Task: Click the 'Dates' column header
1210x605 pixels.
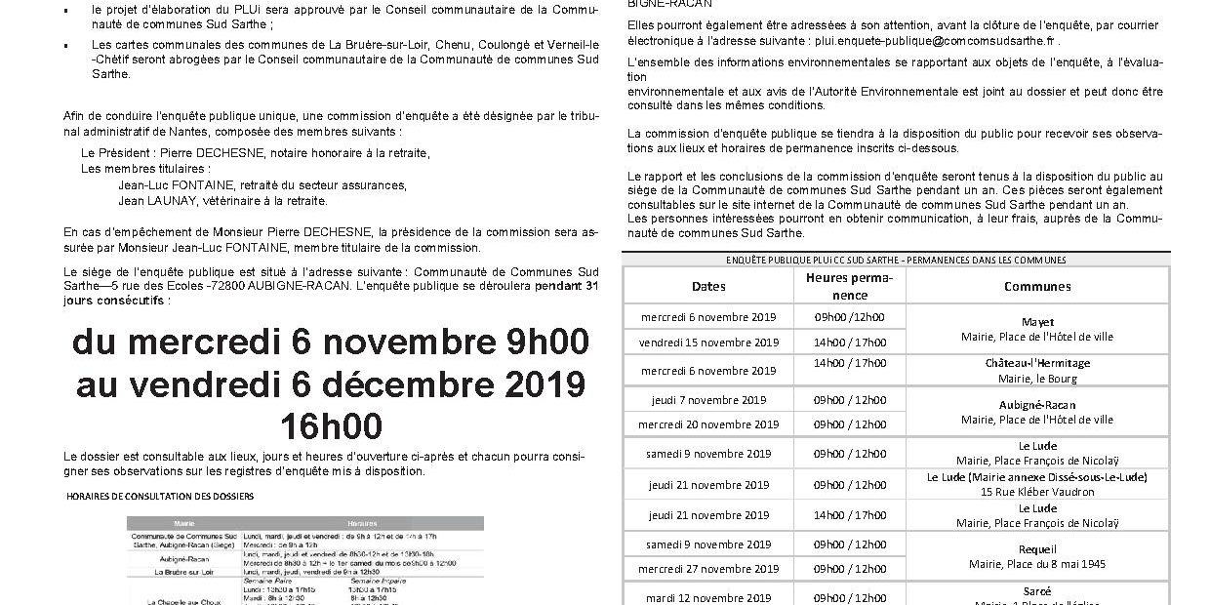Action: pyautogui.click(x=708, y=287)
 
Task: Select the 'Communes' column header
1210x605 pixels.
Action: pyautogui.click(x=1037, y=287)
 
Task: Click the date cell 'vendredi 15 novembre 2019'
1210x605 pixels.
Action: pyautogui.click(x=708, y=343)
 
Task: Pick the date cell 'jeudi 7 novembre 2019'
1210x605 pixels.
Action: pyautogui.click(x=708, y=400)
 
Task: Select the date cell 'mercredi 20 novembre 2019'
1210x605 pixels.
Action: pyautogui.click(x=708, y=424)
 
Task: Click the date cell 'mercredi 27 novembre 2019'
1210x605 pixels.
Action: pyautogui.click(x=708, y=569)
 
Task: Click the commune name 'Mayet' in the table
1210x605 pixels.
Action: pyautogui.click(x=1037, y=322)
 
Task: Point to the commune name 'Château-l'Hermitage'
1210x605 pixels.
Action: pyautogui.click(x=1037, y=363)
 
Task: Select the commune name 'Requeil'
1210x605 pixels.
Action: pyautogui.click(x=1037, y=549)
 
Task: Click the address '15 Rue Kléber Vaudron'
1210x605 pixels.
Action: pyautogui.click(x=1037, y=492)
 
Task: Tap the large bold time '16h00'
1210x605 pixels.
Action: pyautogui.click(x=331, y=427)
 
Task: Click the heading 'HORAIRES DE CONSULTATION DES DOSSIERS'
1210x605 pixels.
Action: pyautogui.click(x=160, y=496)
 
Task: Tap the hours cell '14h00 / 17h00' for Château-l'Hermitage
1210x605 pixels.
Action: pyautogui.click(x=850, y=363)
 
